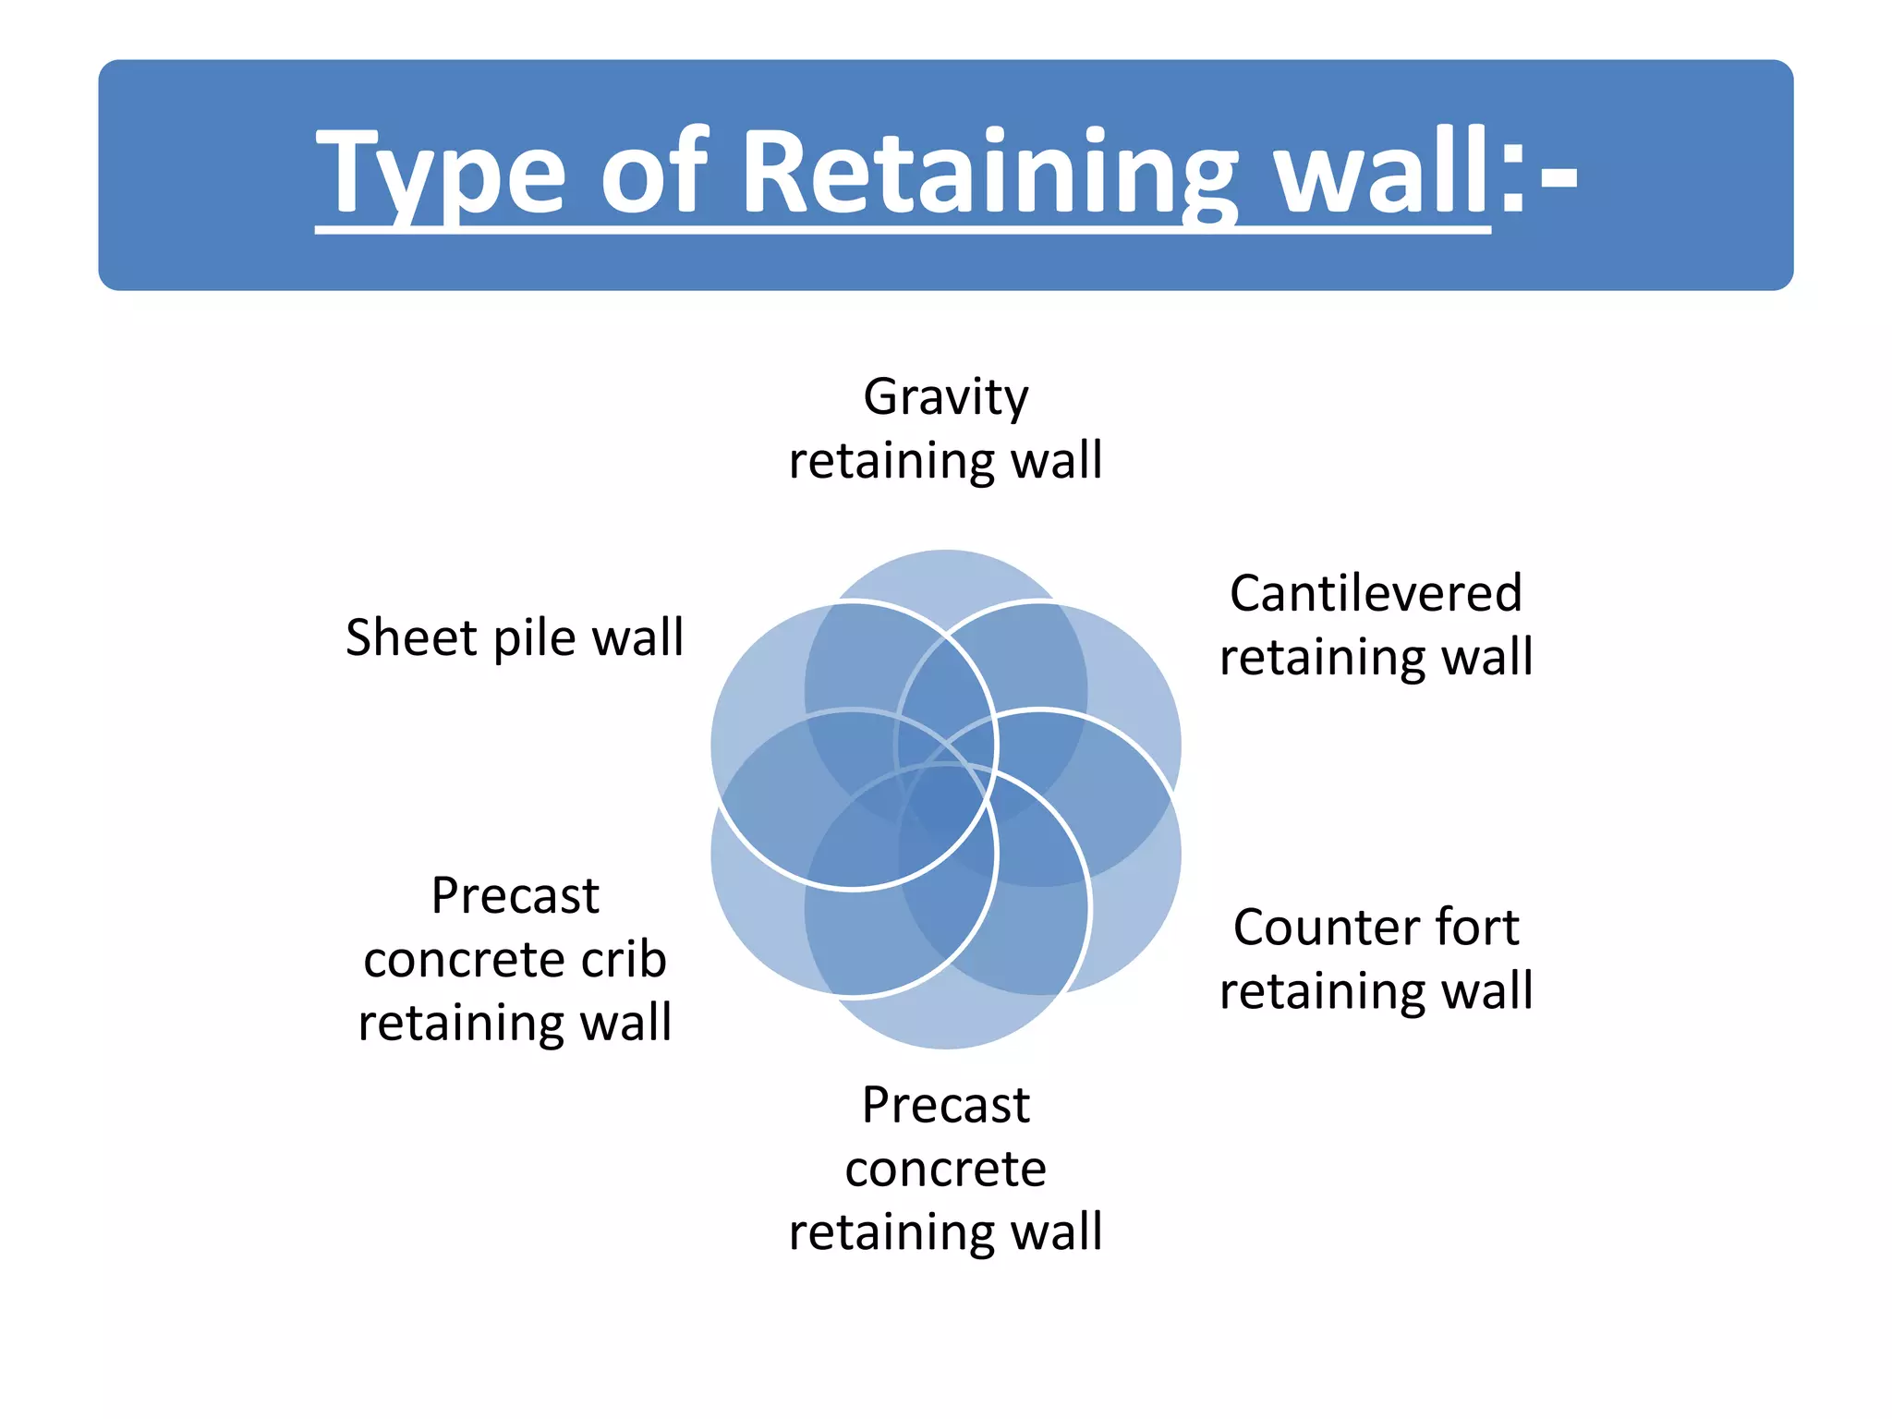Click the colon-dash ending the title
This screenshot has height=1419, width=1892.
point(1538,176)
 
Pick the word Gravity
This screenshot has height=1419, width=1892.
point(945,397)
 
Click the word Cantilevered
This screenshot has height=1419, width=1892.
point(1376,593)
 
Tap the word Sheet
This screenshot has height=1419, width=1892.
point(412,637)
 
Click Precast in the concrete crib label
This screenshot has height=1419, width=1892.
point(515,896)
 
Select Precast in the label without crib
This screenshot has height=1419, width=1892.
point(945,1105)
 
